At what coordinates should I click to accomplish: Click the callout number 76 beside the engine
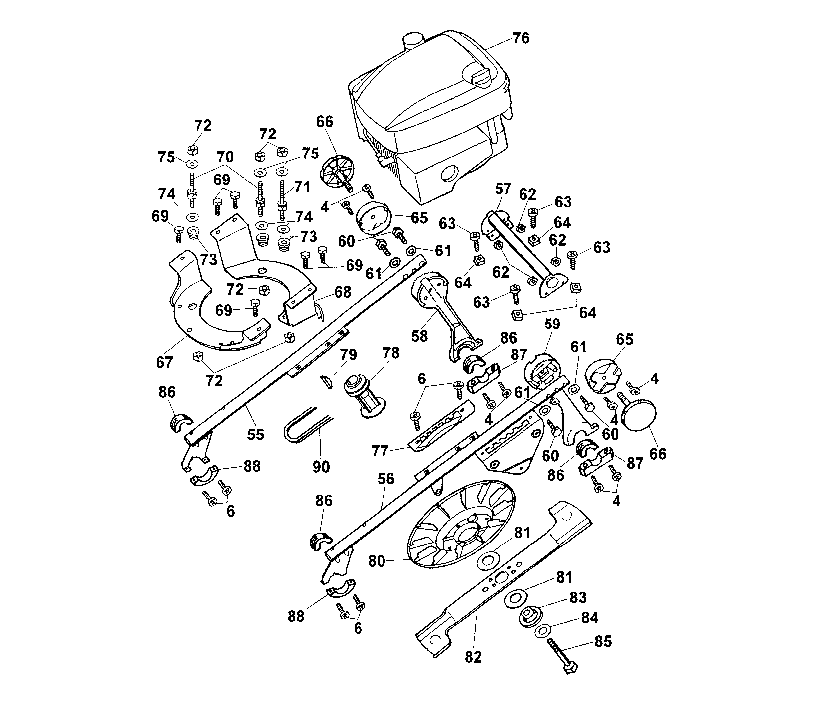pos(521,39)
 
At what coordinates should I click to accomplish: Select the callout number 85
pos(603,642)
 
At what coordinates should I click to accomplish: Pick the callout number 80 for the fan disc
pos(377,562)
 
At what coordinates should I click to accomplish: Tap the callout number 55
pos(256,434)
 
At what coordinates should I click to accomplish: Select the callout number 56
pos(385,479)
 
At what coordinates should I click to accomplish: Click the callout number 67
pos(164,363)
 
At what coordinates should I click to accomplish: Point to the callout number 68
pos(343,292)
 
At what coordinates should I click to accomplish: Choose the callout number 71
pos(302,187)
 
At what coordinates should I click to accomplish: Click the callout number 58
pos(419,336)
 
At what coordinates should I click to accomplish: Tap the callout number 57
pos(503,189)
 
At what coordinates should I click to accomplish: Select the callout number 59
pos(552,324)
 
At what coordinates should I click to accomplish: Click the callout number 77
pos(380,451)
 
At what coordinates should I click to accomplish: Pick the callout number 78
pos(391,353)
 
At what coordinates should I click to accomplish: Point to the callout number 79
pos(348,355)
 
